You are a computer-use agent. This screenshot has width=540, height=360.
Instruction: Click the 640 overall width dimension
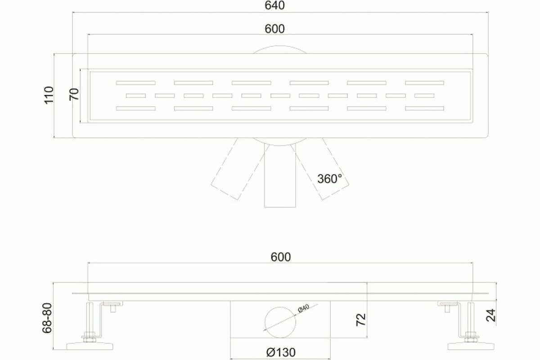(x=274, y=5)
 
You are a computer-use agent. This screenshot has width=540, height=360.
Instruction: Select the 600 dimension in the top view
(x=274, y=29)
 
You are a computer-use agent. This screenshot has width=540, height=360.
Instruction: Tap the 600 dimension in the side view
(x=281, y=257)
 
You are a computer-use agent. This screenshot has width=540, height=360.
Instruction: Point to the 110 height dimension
(x=49, y=95)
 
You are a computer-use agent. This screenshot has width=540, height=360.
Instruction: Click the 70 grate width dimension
(x=74, y=94)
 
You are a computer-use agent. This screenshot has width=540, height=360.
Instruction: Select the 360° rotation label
(x=329, y=179)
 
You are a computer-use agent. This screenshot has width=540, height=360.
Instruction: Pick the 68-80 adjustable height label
(x=47, y=318)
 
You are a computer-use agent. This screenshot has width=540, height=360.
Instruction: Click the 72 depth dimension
(x=361, y=320)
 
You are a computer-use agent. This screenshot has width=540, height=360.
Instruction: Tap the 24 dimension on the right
(x=491, y=315)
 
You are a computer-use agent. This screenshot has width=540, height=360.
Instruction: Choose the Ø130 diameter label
(x=281, y=352)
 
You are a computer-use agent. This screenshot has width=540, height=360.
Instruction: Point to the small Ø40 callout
(x=303, y=308)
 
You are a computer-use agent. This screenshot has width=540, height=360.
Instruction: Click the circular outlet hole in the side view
(x=280, y=322)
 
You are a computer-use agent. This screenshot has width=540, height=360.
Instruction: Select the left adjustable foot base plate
(x=90, y=346)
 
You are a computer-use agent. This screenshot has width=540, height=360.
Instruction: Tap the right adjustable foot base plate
(x=471, y=346)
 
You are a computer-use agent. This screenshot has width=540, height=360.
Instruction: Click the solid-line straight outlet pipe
(x=280, y=175)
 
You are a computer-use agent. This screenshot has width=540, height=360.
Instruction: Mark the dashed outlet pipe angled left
(x=239, y=169)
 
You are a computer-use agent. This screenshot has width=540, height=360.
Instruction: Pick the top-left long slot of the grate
(x=136, y=83)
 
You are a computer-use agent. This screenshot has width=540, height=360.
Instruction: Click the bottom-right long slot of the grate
(x=424, y=108)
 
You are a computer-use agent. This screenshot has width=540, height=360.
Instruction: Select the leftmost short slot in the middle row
(x=136, y=96)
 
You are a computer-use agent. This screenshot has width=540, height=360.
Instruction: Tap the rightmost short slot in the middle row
(x=424, y=96)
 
